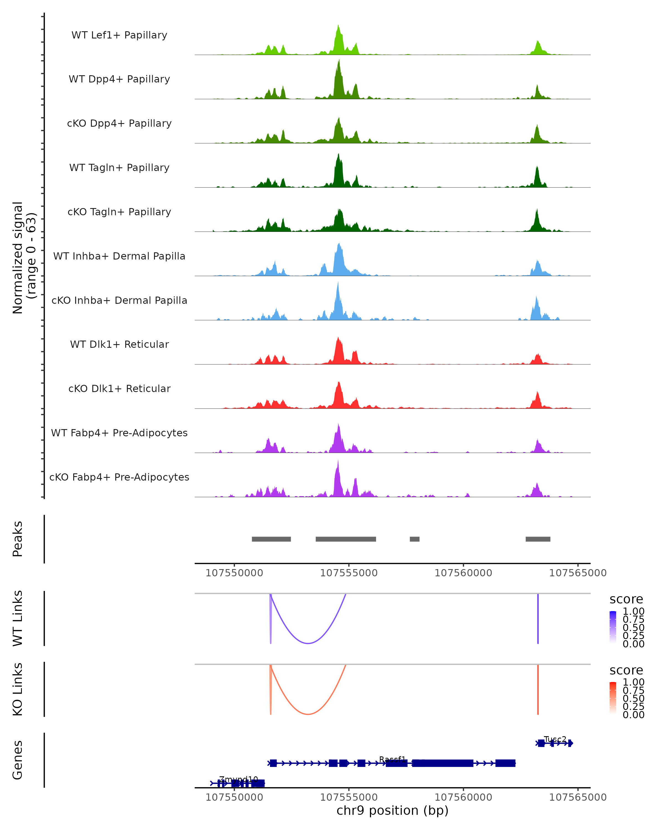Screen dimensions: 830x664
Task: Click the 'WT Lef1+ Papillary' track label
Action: click(119, 35)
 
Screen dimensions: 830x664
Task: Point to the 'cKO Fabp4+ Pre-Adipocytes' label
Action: click(119, 477)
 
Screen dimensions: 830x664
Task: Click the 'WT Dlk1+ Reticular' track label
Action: click(119, 344)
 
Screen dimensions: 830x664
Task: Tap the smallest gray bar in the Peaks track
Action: click(414, 539)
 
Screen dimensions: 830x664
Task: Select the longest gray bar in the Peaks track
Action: click(346, 539)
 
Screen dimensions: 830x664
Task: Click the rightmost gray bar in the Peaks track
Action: click(538, 539)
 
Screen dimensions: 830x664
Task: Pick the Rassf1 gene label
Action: click(392, 759)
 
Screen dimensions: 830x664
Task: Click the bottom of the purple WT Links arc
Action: click(308, 643)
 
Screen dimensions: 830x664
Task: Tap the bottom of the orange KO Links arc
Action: click(308, 714)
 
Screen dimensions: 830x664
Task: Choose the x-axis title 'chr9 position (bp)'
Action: click(392, 810)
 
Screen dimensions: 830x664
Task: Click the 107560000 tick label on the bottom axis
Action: click(463, 797)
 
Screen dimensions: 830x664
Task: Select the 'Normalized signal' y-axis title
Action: click(18, 258)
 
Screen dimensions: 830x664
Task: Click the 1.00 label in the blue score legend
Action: click(633, 611)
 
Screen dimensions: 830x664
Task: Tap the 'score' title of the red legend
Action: click(626, 670)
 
